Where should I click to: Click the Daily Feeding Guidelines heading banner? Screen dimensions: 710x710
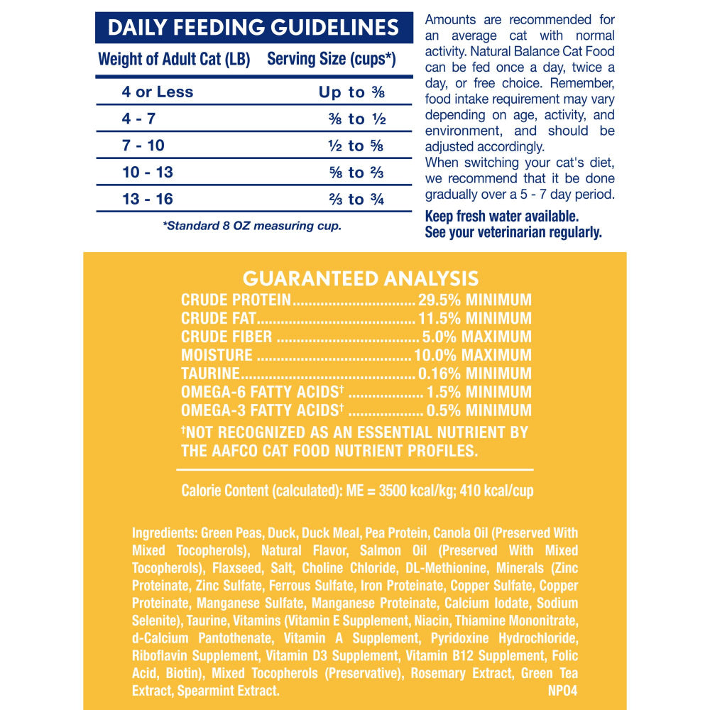[x=253, y=28]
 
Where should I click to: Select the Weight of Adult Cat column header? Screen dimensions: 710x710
[x=174, y=60]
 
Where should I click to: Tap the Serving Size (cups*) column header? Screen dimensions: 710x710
[x=331, y=60]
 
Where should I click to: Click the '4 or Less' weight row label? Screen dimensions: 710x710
[x=157, y=92]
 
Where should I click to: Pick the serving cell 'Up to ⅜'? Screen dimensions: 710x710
[x=351, y=92]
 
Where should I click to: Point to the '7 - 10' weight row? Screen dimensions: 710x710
[x=143, y=146]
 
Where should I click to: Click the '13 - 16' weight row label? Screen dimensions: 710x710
[x=147, y=199]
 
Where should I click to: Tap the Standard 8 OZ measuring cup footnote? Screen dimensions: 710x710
[x=252, y=226]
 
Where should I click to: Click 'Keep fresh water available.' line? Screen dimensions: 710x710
[x=501, y=216]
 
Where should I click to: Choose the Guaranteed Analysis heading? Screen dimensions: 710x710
[x=361, y=278]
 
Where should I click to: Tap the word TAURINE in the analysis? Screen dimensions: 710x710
[x=209, y=373]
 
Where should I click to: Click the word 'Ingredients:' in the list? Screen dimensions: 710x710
[x=164, y=533]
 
